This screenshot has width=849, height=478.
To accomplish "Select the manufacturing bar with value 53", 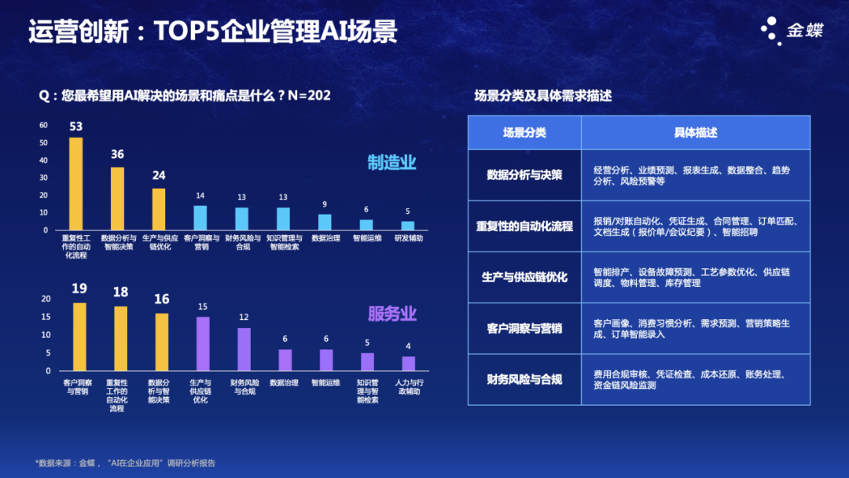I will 76,182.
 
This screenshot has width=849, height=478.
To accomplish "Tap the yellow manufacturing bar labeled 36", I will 117,197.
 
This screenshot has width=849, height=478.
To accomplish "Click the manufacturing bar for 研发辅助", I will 408,226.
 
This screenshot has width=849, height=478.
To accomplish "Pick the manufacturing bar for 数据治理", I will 325,222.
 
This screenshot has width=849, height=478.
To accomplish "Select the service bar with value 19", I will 79,336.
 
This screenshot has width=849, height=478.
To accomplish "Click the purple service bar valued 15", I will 203,344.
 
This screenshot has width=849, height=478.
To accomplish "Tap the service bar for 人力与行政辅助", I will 408,363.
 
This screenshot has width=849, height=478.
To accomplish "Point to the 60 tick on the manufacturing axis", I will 44,125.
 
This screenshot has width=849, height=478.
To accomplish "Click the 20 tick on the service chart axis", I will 46,299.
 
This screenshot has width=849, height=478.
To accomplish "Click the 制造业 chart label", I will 391,163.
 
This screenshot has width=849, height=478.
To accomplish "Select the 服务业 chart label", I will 391,314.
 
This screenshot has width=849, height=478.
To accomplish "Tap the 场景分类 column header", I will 524,133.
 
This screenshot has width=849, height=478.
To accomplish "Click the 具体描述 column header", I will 695,133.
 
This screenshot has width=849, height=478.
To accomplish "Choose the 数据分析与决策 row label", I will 524,175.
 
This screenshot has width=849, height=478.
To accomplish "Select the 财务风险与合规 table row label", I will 524,380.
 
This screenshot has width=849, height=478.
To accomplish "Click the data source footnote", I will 126,462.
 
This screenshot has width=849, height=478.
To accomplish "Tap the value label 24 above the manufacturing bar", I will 159,175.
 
